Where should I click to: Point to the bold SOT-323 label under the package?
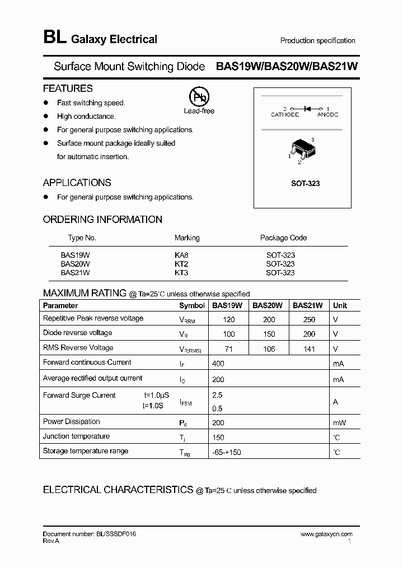click(x=305, y=184)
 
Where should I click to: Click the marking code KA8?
click(x=182, y=255)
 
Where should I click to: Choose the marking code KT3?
click(x=182, y=273)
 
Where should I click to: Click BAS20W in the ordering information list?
click(x=75, y=264)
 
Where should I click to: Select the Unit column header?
click(x=340, y=306)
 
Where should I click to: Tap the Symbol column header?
click(x=191, y=306)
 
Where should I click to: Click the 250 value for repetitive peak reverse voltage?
click(x=308, y=320)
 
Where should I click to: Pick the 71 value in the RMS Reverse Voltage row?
click(x=228, y=349)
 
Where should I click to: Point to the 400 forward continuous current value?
click(x=218, y=364)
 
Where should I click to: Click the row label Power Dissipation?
click(x=72, y=422)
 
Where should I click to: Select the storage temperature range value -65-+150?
click(x=227, y=452)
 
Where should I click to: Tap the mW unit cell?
click(x=339, y=423)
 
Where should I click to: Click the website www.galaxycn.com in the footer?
click(x=326, y=535)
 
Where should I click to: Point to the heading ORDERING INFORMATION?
click(x=102, y=220)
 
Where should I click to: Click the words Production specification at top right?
click(x=317, y=41)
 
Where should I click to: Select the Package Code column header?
click(x=283, y=238)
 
